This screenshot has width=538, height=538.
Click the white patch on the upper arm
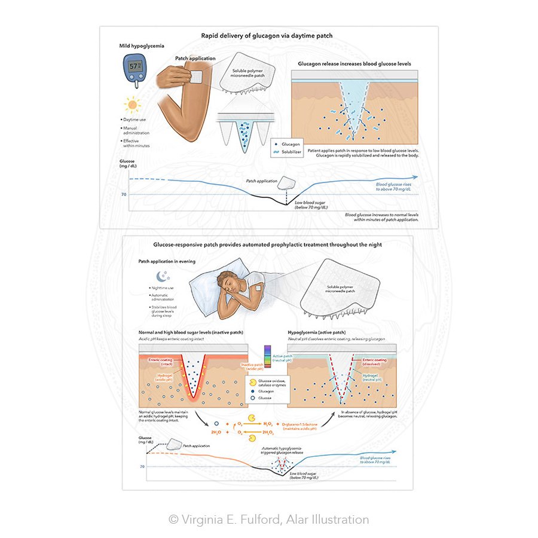(x=195, y=76)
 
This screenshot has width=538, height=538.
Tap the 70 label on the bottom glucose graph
(x=142, y=466)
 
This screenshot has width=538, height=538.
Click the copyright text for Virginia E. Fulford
(x=268, y=519)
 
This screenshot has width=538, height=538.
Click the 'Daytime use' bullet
(x=136, y=120)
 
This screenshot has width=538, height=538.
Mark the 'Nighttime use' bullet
(x=163, y=288)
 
